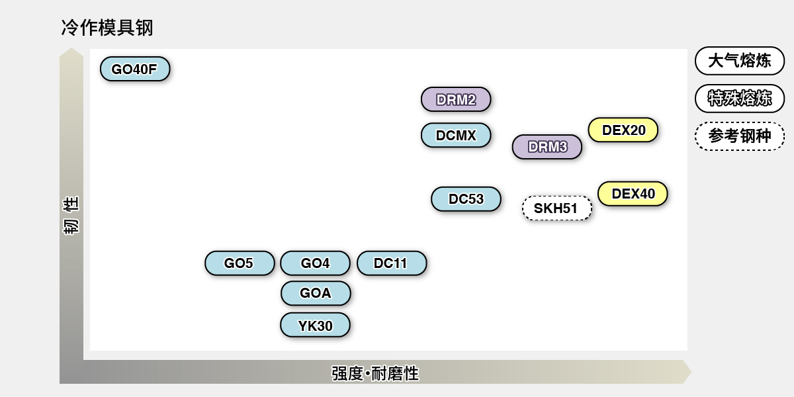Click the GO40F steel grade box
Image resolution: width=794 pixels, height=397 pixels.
point(135,69)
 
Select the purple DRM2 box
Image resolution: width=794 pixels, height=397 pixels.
point(456,100)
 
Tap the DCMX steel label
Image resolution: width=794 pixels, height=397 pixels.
point(456,136)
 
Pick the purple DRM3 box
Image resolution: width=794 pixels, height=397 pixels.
point(547,147)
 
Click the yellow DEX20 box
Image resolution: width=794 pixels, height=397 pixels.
point(623,130)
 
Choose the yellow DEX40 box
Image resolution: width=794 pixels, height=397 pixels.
point(633,194)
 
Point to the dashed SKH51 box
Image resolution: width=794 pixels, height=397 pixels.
point(556,208)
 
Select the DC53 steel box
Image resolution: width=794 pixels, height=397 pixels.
point(466,199)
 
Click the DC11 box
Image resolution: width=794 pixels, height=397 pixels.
point(392,263)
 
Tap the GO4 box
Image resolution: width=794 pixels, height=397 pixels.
point(315,263)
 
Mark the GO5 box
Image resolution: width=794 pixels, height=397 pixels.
point(240,263)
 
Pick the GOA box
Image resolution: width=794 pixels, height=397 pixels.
point(316,293)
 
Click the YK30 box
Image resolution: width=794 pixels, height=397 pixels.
point(315,326)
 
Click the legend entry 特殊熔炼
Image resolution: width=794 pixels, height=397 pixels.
point(740,99)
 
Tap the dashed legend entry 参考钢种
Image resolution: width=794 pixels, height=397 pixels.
point(740,136)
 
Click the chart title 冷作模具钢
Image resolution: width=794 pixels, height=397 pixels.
point(107,28)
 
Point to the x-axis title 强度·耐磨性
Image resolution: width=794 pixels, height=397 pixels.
point(375,373)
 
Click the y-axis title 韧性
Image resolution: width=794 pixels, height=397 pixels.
point(71,215)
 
